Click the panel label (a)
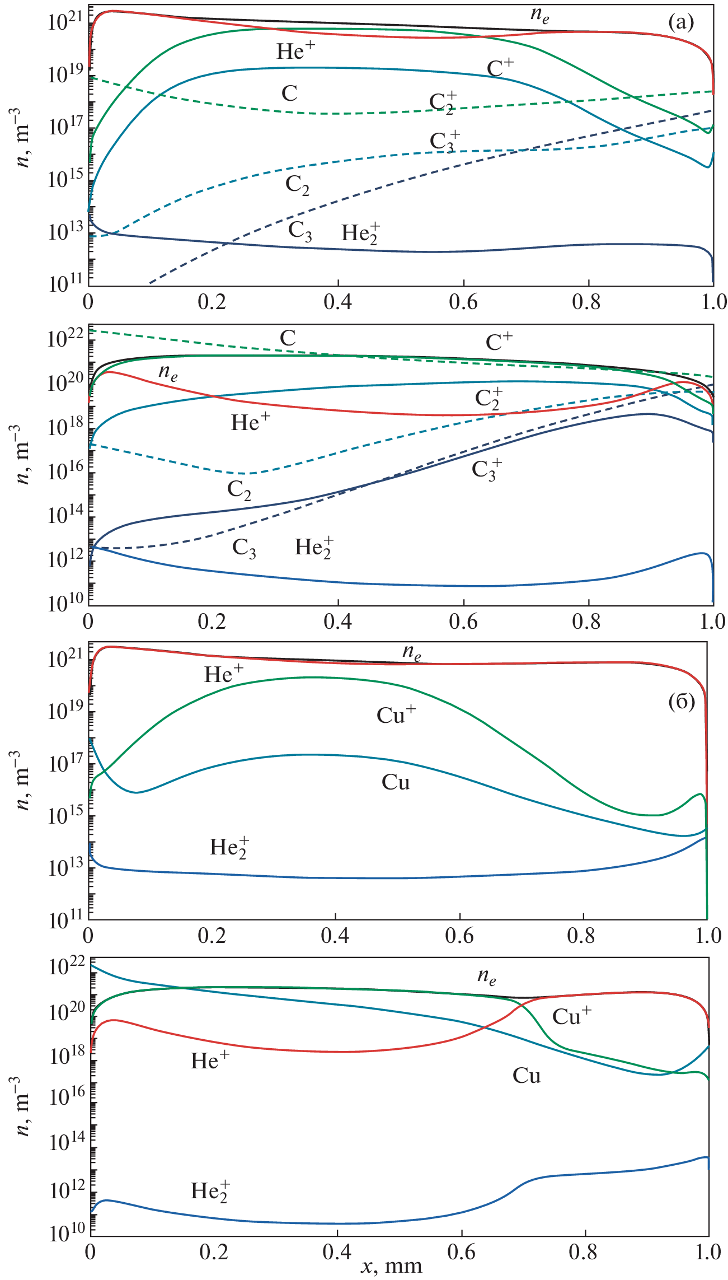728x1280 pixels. coord(680,23)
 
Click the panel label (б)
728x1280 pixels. coord(681,702)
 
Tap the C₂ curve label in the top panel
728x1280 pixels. coord(297,185)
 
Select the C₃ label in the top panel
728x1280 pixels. coord(300,231)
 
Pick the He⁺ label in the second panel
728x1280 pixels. coord(250,422)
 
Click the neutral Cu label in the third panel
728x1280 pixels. coord(396,782)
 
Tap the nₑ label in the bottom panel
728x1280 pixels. coord(486,977)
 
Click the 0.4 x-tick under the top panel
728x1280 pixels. coord(338,302)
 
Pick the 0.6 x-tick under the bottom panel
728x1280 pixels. coord(462,1250)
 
